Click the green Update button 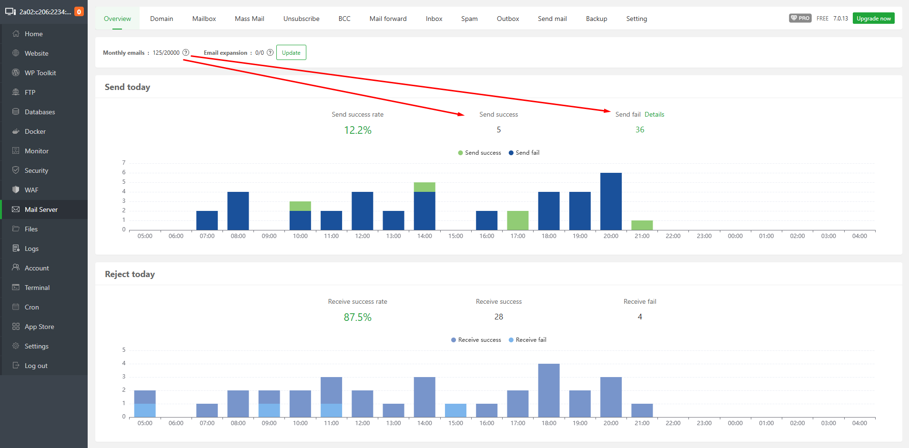[x=291, y=53]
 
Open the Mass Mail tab [x=249, y=19]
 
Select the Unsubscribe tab [x=301, y=19]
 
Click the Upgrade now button [x=873, y=19]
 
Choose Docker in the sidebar [x=35, y=131]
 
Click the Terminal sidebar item [x=37, y=288]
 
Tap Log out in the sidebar [x=36, y=366]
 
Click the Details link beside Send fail [x=654, y=114]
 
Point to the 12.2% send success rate [x=358, y=130]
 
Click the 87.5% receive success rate [x=358, y=317]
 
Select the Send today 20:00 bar [x=611, y=201]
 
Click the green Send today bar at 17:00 [x=518, y=220]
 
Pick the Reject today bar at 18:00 [x=549, y=390]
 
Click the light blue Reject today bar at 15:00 [x=455, y=410]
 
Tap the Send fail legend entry [x=524, y=153]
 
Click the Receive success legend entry [x=476, y=340]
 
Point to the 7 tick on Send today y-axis [x=124, y=163]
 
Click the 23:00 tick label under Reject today [x=704, y=423]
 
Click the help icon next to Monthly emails [x=186, y=53]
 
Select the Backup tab [x=596, y=19]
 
